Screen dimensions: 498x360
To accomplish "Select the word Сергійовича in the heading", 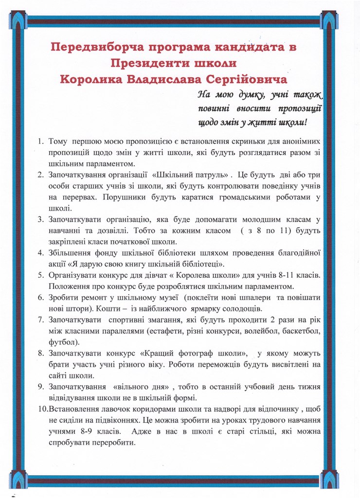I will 249,79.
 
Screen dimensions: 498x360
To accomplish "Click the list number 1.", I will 41,142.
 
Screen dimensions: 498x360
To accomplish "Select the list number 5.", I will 41,275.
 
